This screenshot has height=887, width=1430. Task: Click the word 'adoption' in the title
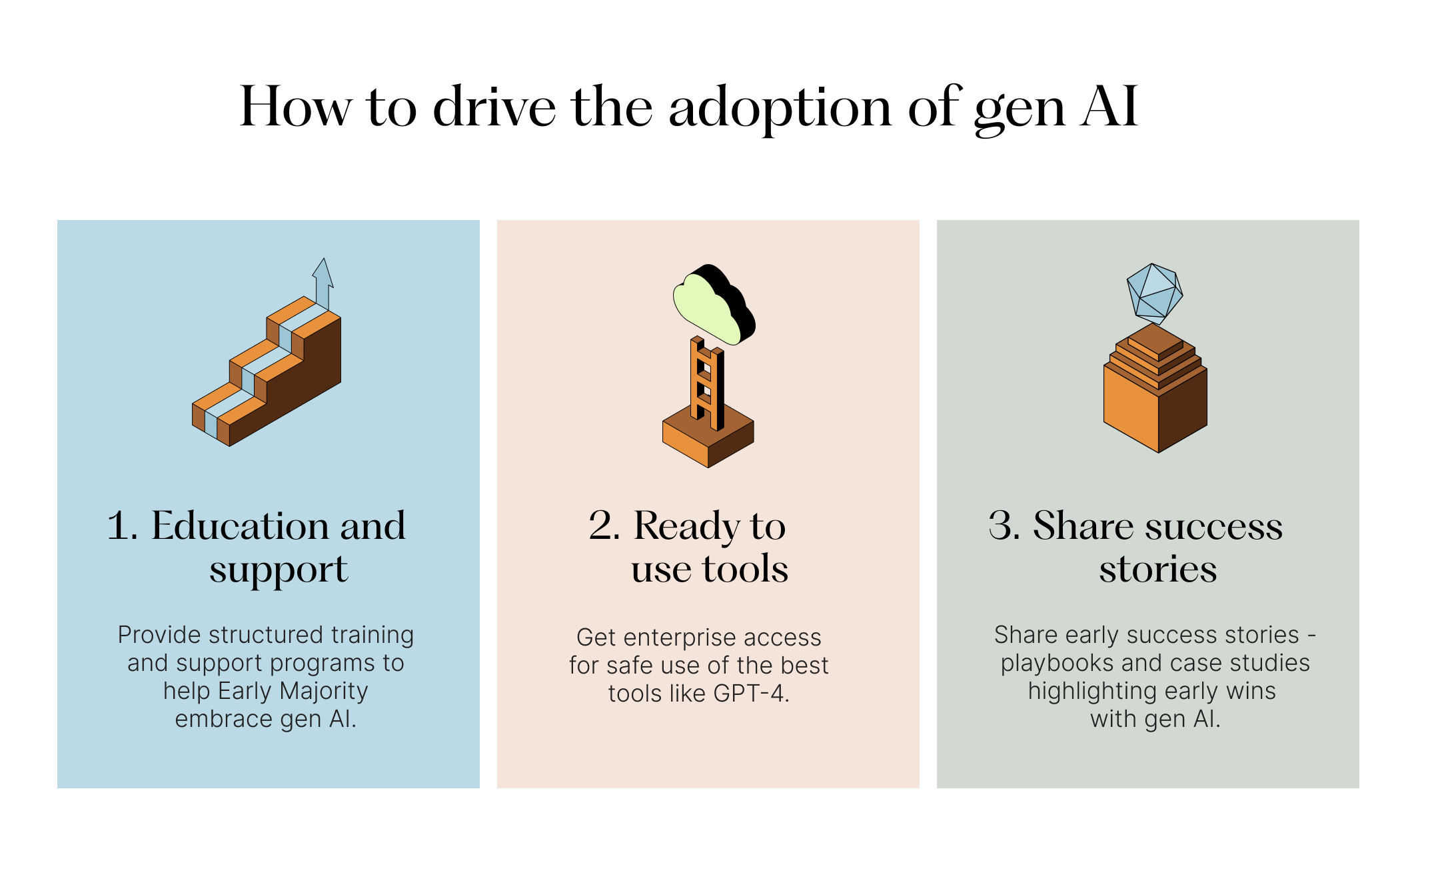click(x=780, y=108)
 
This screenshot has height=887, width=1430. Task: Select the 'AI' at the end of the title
click(x=1109, y=107)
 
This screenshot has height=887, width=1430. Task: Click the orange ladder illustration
click(x=707, y=383)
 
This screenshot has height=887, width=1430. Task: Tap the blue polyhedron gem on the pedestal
click(x=1154, y=291)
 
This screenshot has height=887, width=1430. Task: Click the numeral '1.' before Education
click(x=123, y=526)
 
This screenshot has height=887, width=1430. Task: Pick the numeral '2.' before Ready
click(x=604, y=526)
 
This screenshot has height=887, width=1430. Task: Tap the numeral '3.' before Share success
click(x=1004, y=526)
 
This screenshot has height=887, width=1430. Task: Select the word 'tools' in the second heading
click(x=745, y=570)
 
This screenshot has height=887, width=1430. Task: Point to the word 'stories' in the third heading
click(x=1157, y=570)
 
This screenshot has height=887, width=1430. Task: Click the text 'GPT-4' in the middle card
click(x=749, y=694)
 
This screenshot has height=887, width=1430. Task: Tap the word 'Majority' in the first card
click(x=323, y=691)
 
